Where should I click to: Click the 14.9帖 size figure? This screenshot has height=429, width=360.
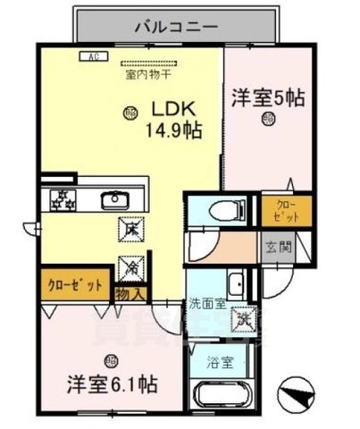172,130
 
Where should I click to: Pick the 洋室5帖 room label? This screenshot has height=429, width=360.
268,97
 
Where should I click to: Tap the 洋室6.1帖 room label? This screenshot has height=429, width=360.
113,384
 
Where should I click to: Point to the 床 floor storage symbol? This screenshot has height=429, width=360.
127,230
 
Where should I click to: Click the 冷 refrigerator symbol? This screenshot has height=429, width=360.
127,266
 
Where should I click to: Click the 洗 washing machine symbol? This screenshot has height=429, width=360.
242,317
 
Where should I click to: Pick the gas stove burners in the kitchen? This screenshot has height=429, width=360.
62,199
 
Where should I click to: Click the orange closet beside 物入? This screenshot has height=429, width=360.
76,288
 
